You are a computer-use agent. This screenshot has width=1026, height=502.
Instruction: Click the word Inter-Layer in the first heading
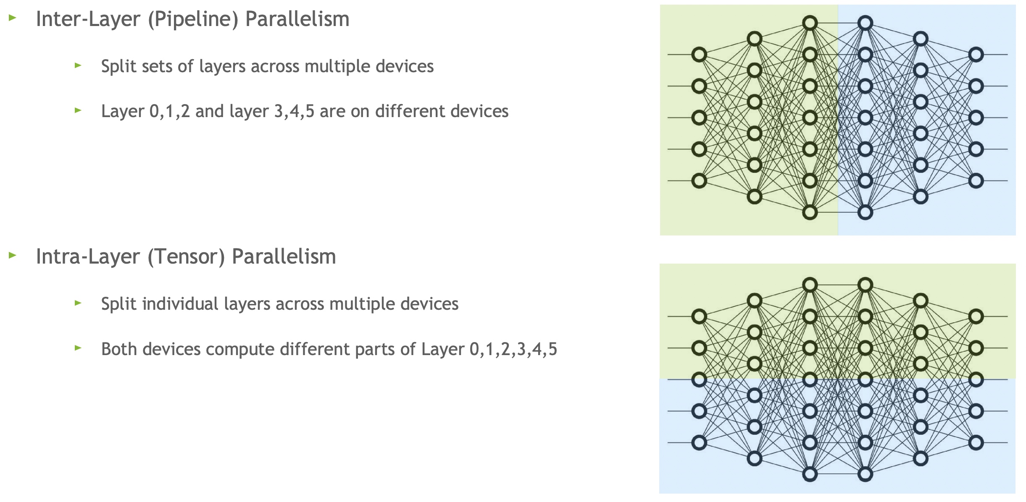[x=88, y=19]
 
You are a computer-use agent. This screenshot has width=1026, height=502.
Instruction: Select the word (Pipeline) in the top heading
[x=193, y=19]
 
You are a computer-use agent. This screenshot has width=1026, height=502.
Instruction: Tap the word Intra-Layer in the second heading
[x=88, y=257]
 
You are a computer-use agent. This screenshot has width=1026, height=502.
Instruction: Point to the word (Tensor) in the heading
[x=187, y=257]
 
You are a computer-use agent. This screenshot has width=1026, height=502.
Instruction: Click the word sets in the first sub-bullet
[x=156, y=66]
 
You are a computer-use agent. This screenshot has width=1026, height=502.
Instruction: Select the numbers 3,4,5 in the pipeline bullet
[x=294, y=112]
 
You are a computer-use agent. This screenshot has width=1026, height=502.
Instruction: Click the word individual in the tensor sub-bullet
[x=181, y=304]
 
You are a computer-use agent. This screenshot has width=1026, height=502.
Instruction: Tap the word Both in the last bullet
[x=119, y=349]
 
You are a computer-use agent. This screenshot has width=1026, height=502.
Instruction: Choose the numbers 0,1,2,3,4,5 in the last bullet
[x=513, y=349]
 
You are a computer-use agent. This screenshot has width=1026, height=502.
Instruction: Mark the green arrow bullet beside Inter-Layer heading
[x=13, y=18]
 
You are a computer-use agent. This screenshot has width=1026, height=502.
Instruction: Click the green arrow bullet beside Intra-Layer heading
[x=13, y=255]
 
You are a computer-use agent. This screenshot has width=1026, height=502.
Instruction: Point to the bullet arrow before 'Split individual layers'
[x=78, y=303]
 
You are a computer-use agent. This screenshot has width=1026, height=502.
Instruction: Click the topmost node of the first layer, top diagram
[x=699, y=55]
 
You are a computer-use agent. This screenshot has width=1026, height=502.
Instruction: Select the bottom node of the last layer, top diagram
[x=976, y=181]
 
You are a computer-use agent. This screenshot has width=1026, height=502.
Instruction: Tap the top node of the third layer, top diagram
[x=810, y=23]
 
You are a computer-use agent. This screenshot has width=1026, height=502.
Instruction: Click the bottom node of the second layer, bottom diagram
[x=755, y=458]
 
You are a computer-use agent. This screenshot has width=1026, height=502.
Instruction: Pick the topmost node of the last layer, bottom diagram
[x=976, y=316]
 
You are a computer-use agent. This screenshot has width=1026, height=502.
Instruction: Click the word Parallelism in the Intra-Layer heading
[x=284, y=257]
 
